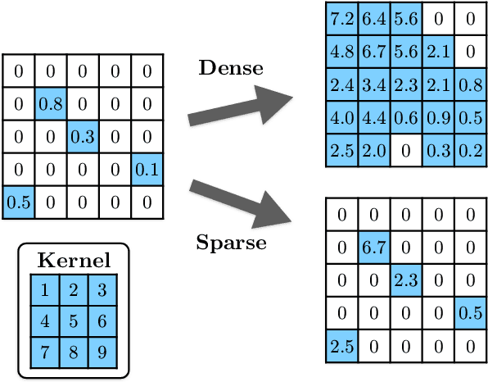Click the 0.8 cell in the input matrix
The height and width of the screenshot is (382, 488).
[51, 104]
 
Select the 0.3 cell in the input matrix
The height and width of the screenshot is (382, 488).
[83, 137]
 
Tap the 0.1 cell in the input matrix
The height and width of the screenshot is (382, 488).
[147, 170]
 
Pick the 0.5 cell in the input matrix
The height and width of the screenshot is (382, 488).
[18, 202]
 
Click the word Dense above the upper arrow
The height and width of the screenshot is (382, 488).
[231, 68]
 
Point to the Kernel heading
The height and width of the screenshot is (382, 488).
[74, 262]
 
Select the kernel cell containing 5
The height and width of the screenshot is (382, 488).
[74, 321]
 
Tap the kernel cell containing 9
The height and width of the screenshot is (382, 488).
[102, 352]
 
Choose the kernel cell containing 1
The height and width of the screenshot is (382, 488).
[45, 290]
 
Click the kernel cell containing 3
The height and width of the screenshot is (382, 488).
[102, 290]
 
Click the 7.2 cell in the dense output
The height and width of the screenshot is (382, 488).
[341, 18]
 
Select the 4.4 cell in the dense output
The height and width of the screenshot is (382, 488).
[373, 118]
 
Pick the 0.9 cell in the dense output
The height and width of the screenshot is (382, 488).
[438, 118]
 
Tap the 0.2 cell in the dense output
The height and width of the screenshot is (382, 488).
[470, 150]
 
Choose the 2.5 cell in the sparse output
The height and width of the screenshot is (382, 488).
[341, 345]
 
